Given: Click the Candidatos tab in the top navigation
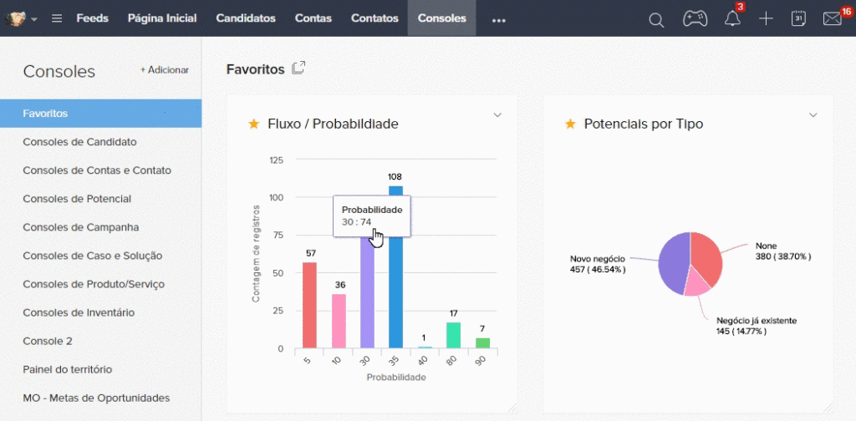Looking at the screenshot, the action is click(x=246, y=18).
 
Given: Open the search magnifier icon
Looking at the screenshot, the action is click(x=656, y=20).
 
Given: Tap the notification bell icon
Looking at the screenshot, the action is click(x=732, y=19).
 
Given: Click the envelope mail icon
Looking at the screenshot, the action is click(x=832, y=19).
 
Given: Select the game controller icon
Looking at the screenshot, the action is click(x=695, y=18).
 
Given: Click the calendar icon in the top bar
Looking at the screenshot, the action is click(x=798, y=18).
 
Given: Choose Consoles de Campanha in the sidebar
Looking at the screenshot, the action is click(x=81, y=227).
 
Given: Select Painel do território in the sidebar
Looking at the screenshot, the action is click(x=68, y=370).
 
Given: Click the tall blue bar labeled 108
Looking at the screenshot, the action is click(x=395, y=266).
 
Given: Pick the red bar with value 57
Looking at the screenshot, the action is click(x=309, y=305).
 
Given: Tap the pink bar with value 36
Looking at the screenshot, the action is click(x=339, y=321).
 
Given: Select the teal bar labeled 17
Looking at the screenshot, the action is click(x=453, y=335).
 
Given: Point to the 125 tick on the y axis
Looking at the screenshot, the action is click(x=277, y=160).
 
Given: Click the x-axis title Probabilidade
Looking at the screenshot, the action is click(x=395, y=378).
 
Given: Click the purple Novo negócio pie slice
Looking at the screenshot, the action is click(x=673, y=264).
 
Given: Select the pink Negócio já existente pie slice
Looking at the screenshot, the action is click(x=697, y=283).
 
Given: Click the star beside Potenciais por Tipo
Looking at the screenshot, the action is click(x=570, y=124).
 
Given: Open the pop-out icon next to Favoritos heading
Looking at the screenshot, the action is click(x=298, y=68).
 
